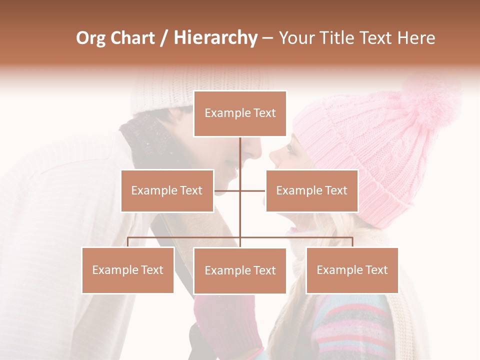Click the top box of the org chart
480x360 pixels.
[x=240, y=113]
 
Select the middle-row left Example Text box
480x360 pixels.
[x=167, y=190]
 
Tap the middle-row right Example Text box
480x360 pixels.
[x=311, y=190]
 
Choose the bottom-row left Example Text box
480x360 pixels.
[x=127, y=270]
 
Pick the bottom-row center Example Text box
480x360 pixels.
[x=240, y=270]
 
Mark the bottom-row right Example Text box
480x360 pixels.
[x=352, y=270]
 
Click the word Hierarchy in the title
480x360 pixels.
[x=215, y=38]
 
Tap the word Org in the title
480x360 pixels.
[x=90, y=38]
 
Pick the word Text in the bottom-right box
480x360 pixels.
[x=376, y=270]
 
